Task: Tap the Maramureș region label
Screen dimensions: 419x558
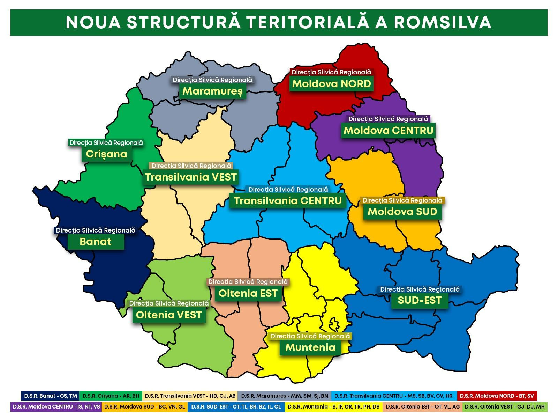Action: point(212,91)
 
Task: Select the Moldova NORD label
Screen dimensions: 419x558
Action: point(331,84)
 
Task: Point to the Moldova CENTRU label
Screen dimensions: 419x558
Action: point(389,131)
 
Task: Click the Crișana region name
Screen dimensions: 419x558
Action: point(106,154)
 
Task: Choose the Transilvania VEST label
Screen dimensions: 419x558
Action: point(191,177)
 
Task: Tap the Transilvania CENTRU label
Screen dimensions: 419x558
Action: point(288,201)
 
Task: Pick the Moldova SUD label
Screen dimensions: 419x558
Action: point(402,212)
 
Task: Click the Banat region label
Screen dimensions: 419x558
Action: point(96,242)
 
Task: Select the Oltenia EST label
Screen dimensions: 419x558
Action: point(248,293)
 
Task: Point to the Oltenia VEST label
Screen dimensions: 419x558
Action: point(169,315)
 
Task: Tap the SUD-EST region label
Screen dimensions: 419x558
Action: point(420,300)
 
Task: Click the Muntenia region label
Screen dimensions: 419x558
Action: point(310,347)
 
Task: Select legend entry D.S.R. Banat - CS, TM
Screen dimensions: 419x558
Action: point(50,396)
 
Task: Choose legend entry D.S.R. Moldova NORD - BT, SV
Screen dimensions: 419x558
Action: point(497,396)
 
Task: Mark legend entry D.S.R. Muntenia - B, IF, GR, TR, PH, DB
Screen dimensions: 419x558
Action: point(334,407)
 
